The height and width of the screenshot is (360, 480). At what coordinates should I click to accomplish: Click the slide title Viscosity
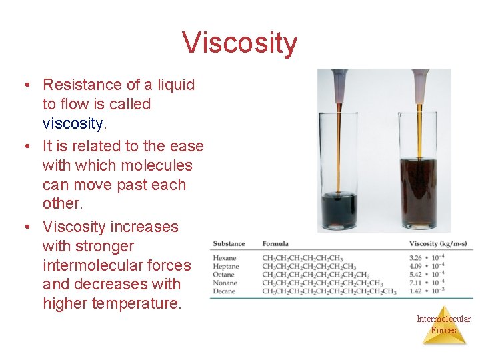(x=239, y=43)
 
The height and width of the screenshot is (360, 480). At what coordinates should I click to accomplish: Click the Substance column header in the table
(x=229, y=244)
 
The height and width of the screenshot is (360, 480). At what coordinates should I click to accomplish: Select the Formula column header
(x=275, y=244)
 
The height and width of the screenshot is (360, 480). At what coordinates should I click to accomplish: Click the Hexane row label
(x=225, y=259)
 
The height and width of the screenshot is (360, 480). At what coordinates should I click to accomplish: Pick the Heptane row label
(x=226, y=267)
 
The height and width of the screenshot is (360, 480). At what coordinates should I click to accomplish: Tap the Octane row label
(x=224, y=275)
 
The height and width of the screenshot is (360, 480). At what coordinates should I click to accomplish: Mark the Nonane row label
(x=225, y=283)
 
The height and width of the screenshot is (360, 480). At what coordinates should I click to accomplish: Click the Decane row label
(x=225, y=291)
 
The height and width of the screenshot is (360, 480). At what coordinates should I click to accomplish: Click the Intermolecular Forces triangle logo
(x=443, y=325)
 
